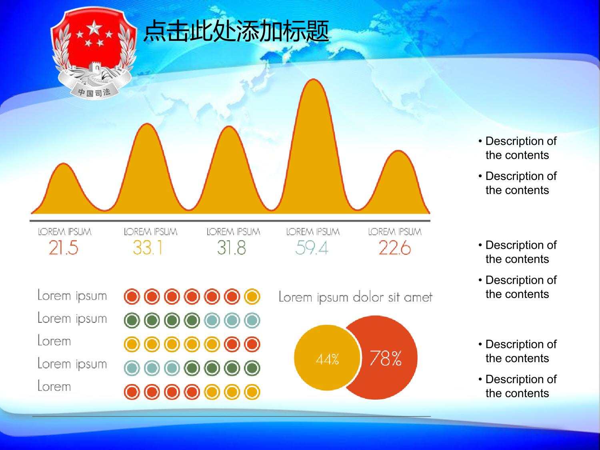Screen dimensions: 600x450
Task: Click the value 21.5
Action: (x=64, y=248)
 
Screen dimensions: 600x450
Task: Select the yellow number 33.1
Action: (x=148, y=248)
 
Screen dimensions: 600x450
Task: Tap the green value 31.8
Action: (x=232, y=248)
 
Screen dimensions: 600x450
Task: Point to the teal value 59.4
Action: (x=312, y=248)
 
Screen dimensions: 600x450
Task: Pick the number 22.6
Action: (x=395, y=248)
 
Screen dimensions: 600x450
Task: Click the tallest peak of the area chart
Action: (x=313, y=80)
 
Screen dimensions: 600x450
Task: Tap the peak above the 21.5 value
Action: (x=64, y=164)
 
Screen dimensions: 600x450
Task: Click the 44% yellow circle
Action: (x=327, y=358)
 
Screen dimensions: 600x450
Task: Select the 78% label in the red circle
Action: (x=386, y=358)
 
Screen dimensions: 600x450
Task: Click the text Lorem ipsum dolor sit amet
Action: (x=355, y=297)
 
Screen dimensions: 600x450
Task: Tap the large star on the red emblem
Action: (x=94, y=28)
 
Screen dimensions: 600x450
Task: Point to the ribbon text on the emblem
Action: (x=94, y=92)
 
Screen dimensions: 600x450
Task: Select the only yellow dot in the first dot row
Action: (x=252, y=296)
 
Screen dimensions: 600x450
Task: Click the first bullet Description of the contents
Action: (x=518, y=148)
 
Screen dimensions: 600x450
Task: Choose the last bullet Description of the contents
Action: (x=518, y=386)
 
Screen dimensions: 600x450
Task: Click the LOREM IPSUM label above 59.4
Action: (x=313, y=232)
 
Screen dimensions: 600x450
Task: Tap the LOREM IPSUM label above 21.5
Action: (x=64, y=232)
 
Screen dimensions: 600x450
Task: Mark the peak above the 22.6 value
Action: (x=398, y=151)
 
